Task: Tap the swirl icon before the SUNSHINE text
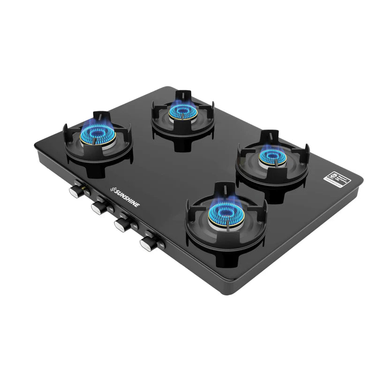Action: (113, 189)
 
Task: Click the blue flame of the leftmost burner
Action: (98, 133)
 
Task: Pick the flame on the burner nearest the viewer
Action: (226, 213)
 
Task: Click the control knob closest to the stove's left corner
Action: (75, 191)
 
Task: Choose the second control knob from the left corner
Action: (99, 208)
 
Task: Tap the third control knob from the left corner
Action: (122, 226)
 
